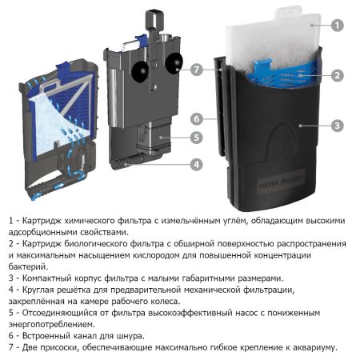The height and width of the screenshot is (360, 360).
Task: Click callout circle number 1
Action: click(338, 26)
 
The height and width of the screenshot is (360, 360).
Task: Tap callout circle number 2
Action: click(338, 75)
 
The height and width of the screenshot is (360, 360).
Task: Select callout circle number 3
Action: click(338, 126)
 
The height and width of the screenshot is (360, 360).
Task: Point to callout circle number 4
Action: click(195, 165)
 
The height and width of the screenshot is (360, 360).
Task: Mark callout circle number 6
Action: click(195, 118)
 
